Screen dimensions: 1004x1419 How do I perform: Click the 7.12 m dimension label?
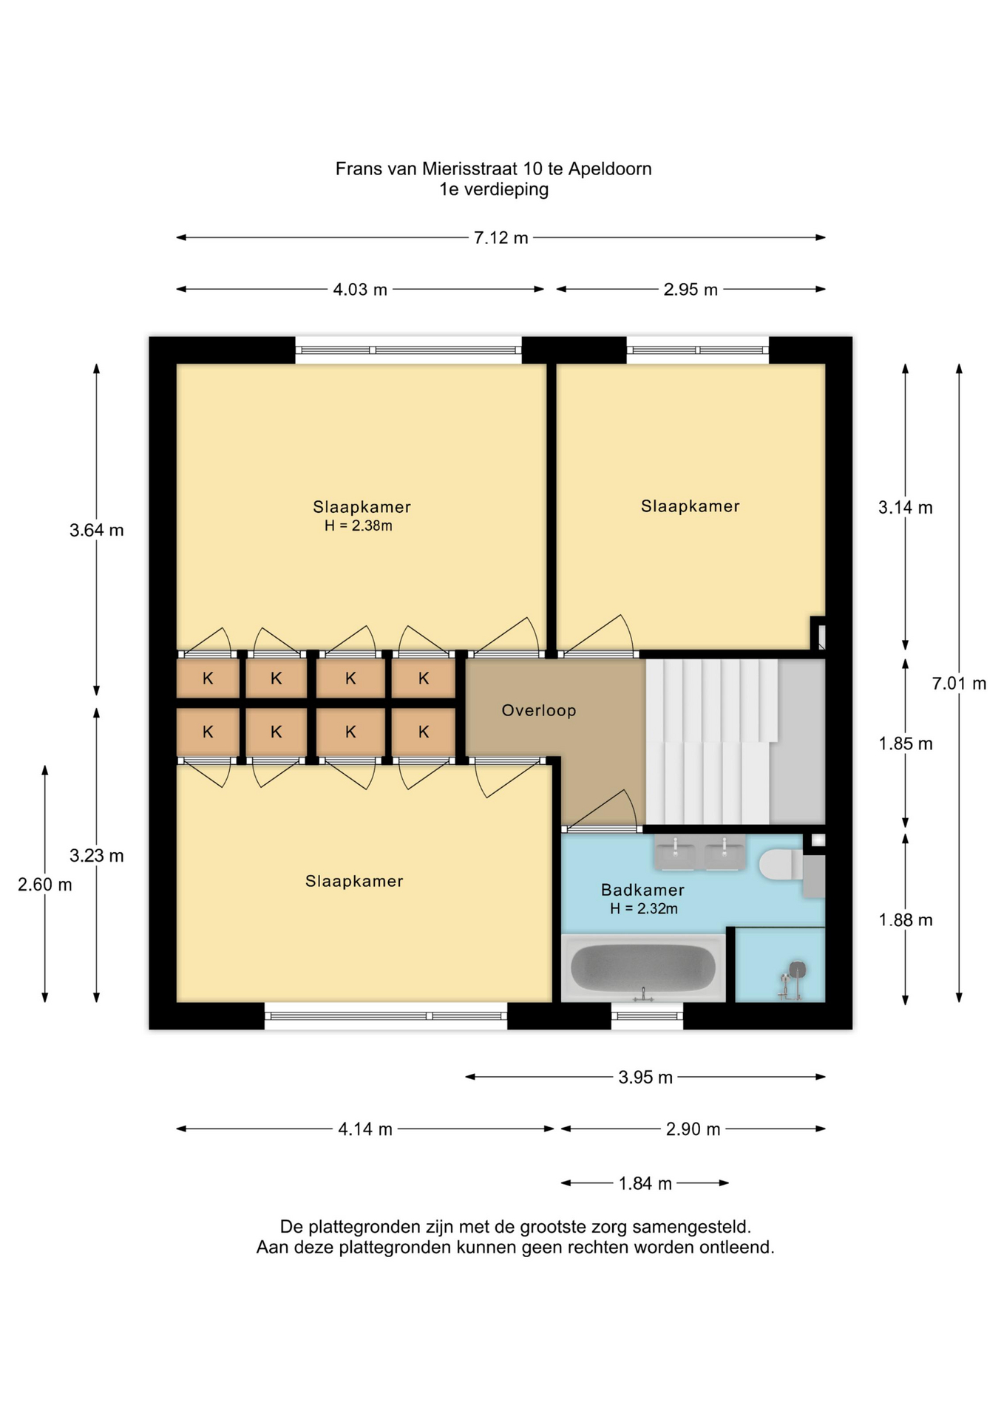[x=501, y=238]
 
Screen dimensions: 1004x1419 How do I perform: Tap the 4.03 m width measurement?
[x=360, y=290]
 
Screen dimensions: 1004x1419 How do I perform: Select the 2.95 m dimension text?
[x=691, y=290]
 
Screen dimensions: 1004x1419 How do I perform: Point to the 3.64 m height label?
[x=97, y=530]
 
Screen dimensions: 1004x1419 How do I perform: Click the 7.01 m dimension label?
[x=959, y=684]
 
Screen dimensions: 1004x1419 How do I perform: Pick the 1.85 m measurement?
[x=906, y=743]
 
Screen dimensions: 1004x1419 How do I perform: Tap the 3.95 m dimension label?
[x=645, y=1078]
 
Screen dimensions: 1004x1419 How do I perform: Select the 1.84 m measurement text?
[x=645, y=1184]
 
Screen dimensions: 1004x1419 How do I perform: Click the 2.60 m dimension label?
[x=45, y=885]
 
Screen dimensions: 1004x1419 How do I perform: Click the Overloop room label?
[x=539, y=710]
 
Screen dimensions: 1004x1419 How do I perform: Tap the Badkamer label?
[x=642, y=890]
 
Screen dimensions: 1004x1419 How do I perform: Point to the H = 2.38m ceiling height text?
[x=359, y=526]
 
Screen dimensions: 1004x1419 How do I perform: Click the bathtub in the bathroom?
[x=643, y=968]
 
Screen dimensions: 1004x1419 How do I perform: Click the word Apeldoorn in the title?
[x=610, y=169]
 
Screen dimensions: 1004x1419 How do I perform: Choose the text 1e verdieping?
[x=494, y=190]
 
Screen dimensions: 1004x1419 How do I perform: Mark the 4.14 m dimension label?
[x=365, y=1129]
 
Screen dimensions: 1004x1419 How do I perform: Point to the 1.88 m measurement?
[x=906, y=920]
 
